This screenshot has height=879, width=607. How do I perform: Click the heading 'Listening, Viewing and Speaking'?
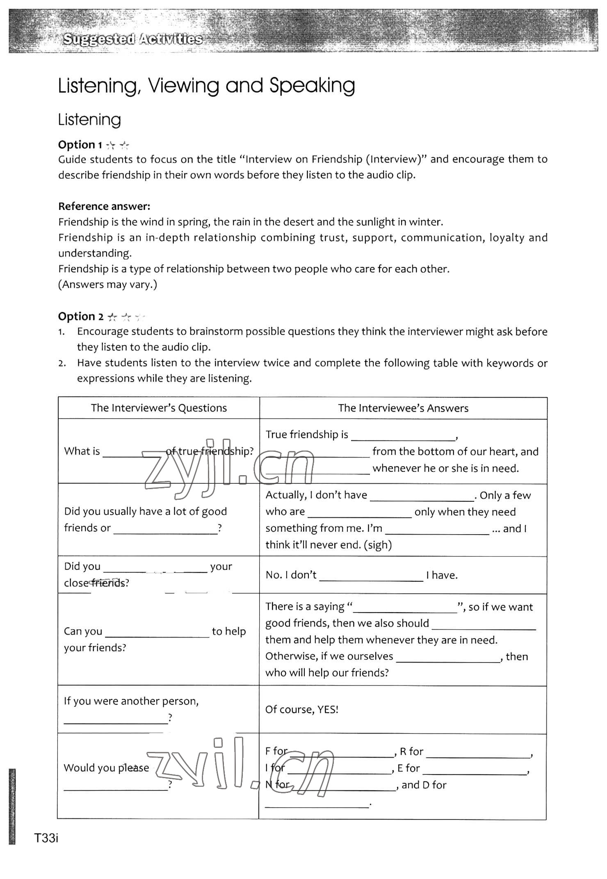206,86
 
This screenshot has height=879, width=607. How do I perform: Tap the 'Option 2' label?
81,317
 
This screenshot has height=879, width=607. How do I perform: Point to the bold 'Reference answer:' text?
104,206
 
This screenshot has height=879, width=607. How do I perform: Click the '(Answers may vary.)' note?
107,285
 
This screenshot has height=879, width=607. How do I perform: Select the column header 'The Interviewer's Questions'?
159,408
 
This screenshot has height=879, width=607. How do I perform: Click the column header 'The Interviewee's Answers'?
403,408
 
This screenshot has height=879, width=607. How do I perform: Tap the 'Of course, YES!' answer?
302,710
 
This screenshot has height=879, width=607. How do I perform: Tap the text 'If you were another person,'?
131,701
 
